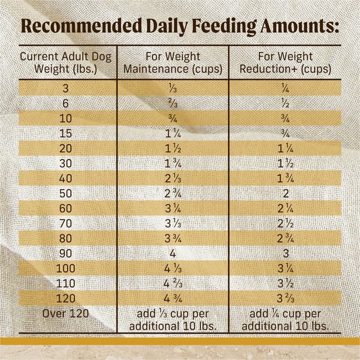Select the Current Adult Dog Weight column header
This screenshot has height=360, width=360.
tap(65, 63)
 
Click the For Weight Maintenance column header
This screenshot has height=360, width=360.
tap(173, 63)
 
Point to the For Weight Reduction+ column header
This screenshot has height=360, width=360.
tap(286, 63)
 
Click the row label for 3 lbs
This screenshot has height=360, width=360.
tap(65, 88)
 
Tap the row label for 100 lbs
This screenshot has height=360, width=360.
tap(65, 267)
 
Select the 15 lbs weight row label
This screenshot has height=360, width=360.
tap(65, 133)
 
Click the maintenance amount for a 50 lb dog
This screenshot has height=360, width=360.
tap(173, 193)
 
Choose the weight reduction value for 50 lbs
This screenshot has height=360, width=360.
tap(286, 193)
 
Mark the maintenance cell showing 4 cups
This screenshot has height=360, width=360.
tap(173, 252)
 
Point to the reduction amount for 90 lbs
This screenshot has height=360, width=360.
tap(286, 252)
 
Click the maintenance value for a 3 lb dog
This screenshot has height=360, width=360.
tap(173, 88)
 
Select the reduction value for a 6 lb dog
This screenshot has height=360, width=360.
tap(286, 103)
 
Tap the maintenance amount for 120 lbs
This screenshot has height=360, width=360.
tap(173, 297)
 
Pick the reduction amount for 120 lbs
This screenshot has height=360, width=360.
tap(286, 297)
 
